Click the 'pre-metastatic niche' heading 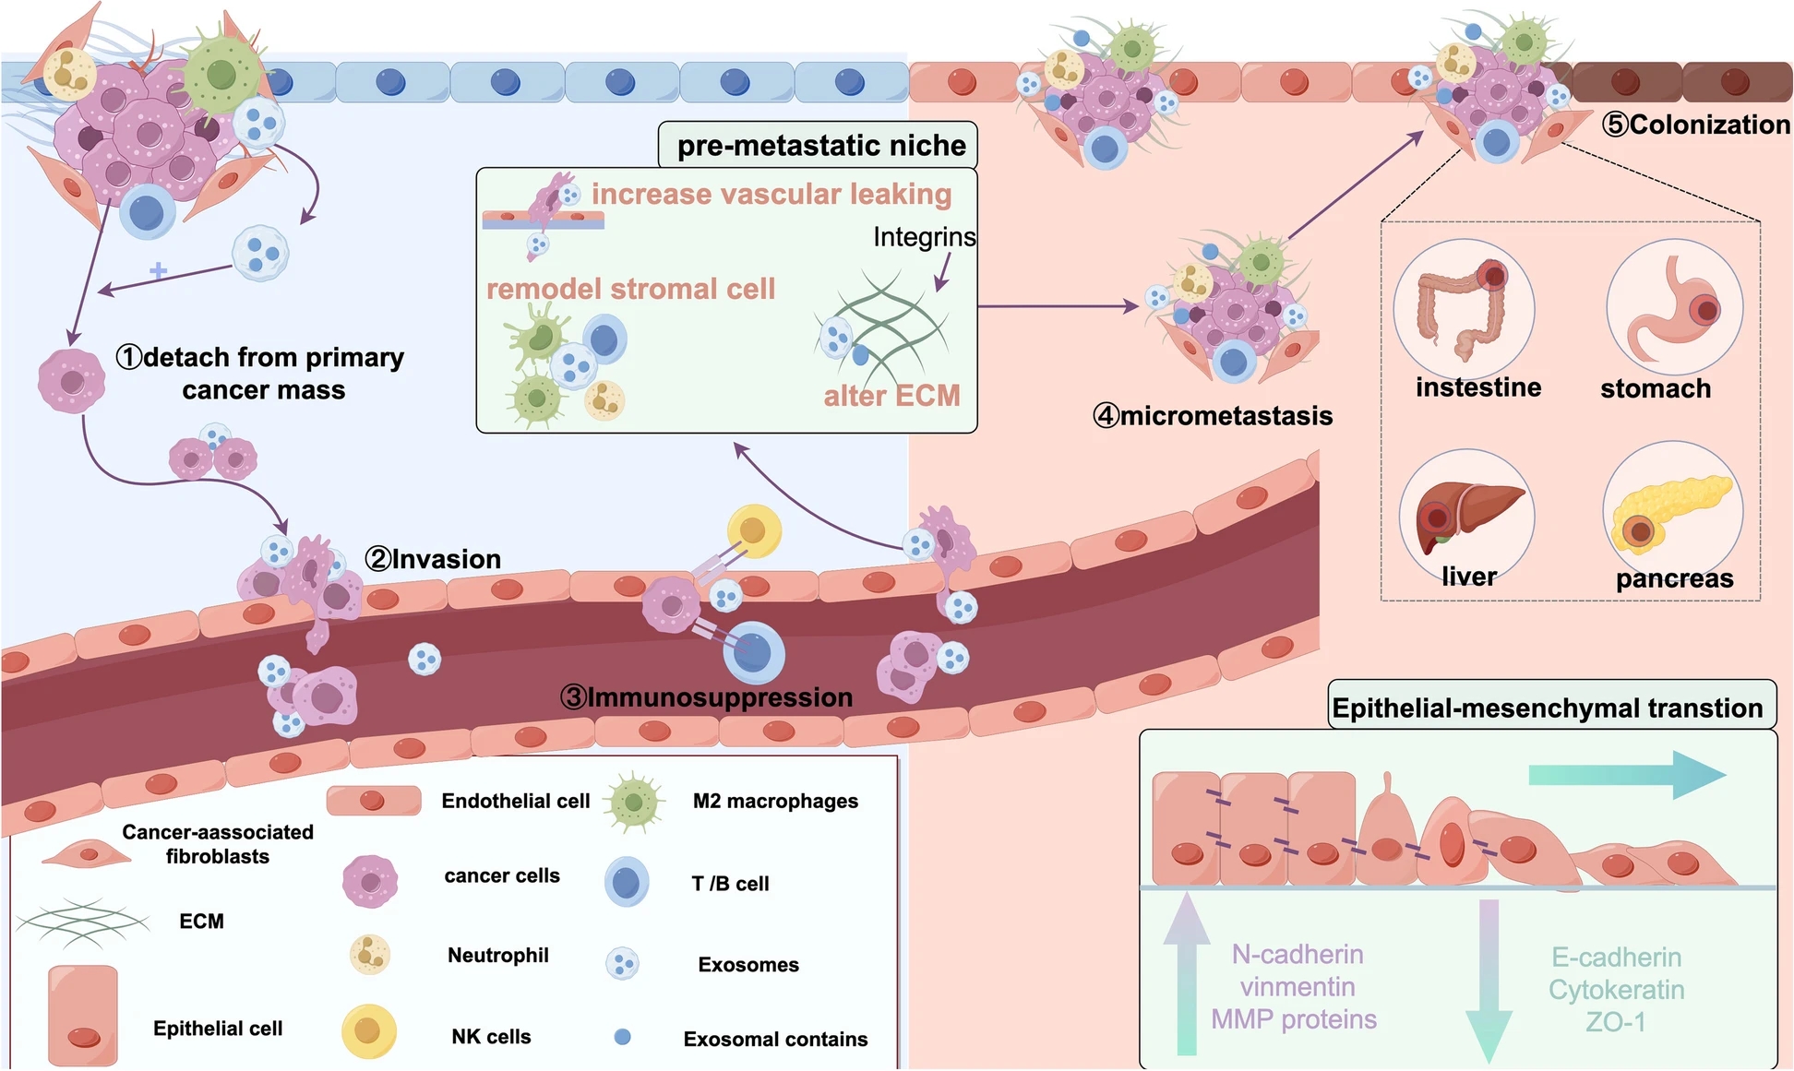pyautogui.click(x=820, y=146)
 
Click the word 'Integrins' pyautogui.click(x=924, y=237)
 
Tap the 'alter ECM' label pyautogui.click(x=891, y=396)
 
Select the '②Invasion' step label pyautogui.click(x=433, y=559)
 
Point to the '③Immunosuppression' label pyautogui.click(x=707, y=697)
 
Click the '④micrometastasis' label pyautogui.click(x=1213, y=416)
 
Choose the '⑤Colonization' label pyautogui.click(x=1696, y=125)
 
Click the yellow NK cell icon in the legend pyautogui.click(x=368, y=1031)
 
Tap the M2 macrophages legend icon pyautogui.click(x=634, y=803)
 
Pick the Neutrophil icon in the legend pyautogui.click(x=370, y=955)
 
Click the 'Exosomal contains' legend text pyautogui.click(x=775, y=1040)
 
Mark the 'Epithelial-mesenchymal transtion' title pyautogui.click(x=1548, y=708)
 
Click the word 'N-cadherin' pyautogui.click(x=1297, y=955)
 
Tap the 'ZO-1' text pyautogui.click(x=1616, y=1022)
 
